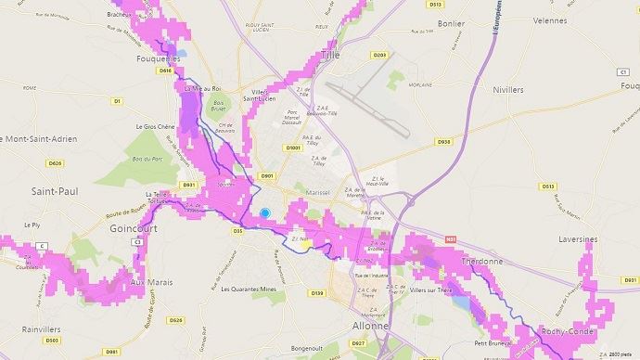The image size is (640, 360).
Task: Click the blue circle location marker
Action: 264,212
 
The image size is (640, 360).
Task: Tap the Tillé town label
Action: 329,55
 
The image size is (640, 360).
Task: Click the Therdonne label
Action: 480,262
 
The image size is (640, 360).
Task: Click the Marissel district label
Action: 317,193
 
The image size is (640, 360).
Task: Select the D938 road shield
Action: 443,142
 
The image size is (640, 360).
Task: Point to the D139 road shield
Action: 317,293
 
